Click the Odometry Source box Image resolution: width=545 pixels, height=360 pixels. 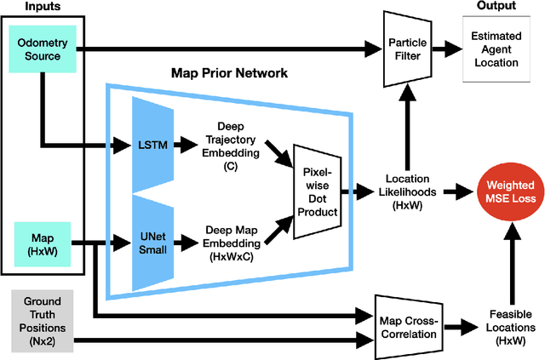click(38, 50)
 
